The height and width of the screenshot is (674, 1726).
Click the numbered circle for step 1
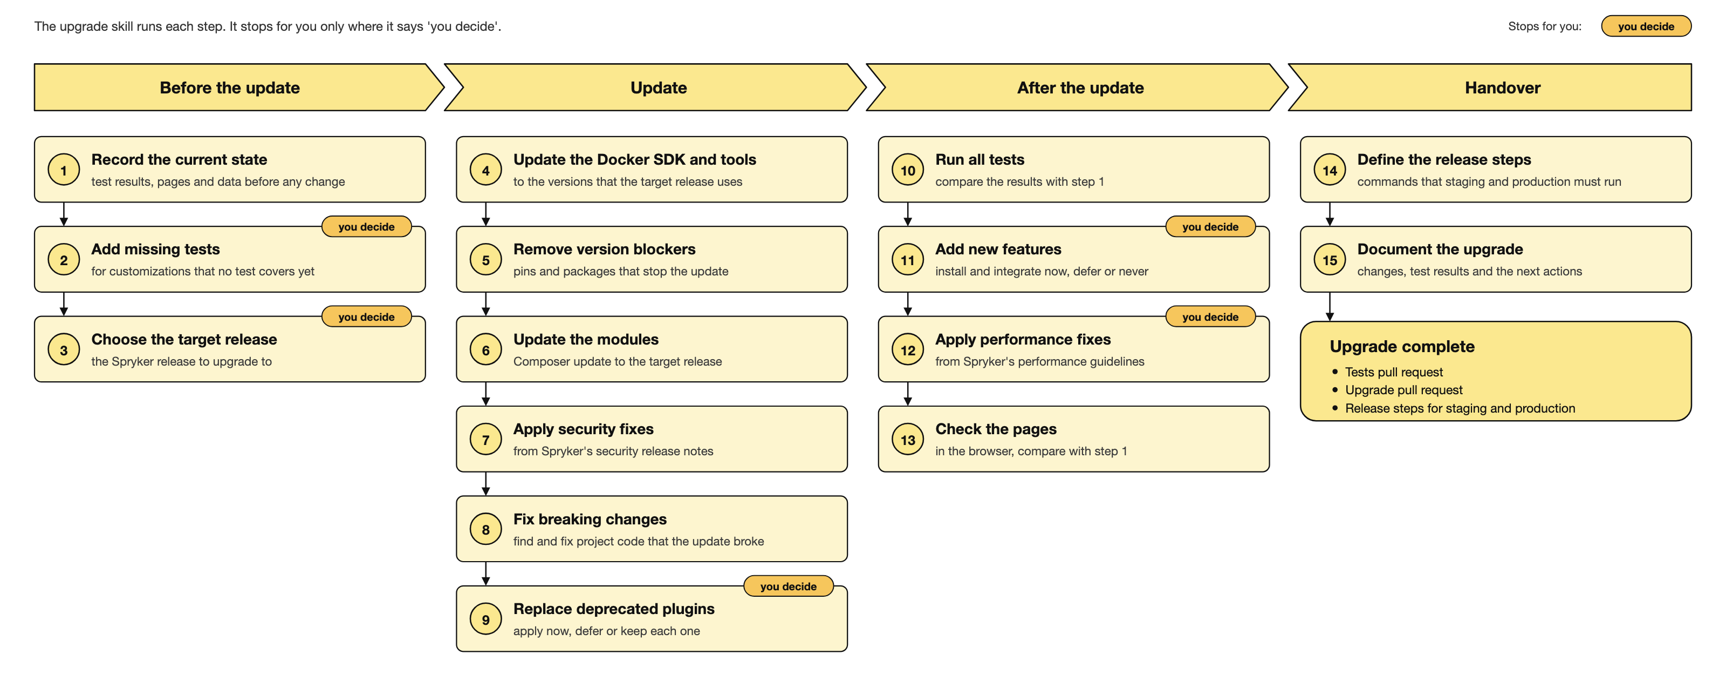64,170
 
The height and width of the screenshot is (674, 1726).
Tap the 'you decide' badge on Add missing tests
367,227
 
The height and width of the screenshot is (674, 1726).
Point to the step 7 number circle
486,440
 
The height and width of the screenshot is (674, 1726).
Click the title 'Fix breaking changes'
590,519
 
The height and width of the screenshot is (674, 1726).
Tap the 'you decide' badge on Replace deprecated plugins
789,586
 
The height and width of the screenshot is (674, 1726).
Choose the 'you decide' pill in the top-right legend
1646,26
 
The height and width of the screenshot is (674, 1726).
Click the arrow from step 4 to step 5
486,214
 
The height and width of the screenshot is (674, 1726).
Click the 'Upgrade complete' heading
1402,347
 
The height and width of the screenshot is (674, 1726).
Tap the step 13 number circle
908,440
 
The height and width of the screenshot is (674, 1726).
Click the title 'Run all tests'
980,160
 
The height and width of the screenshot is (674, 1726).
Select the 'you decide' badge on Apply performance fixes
1211,316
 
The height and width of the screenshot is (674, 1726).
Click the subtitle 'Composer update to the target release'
618,361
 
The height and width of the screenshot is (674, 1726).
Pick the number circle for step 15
1330,260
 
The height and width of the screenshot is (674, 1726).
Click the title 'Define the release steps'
1444,160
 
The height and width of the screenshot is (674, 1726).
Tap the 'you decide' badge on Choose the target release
367,316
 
